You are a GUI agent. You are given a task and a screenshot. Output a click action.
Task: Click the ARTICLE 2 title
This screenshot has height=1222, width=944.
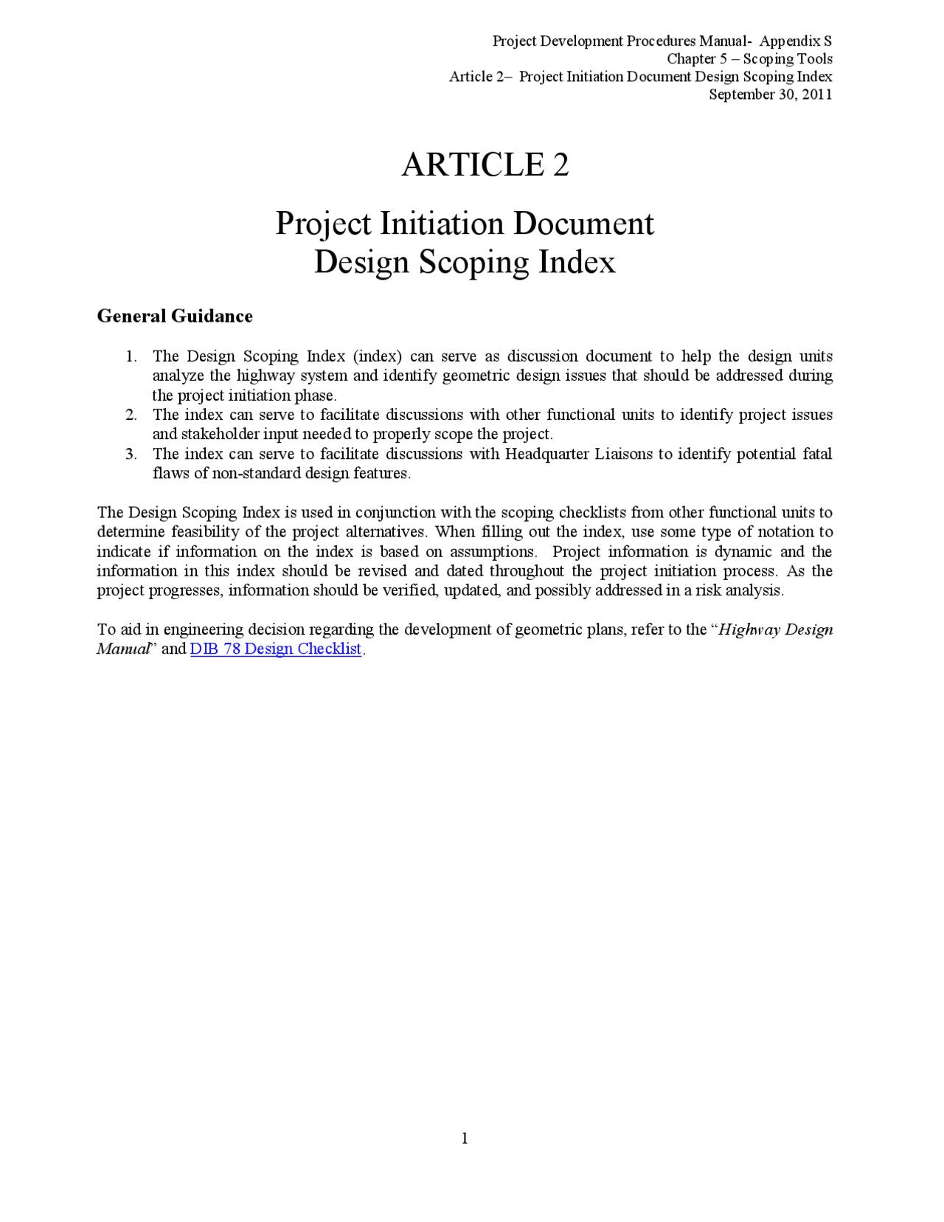point(485,165)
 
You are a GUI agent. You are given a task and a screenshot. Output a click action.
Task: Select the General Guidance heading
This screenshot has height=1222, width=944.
point(175,316)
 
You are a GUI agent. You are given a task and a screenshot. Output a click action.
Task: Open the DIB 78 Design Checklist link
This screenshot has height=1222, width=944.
point(276,649)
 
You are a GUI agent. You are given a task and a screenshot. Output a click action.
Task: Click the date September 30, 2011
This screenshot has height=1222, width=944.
point(770,94)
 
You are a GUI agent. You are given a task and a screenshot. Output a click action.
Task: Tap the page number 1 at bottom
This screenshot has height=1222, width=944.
point(465,1138)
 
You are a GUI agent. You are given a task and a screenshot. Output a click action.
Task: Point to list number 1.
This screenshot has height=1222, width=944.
point(131,356)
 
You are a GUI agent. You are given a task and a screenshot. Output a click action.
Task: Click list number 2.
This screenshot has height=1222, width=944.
point(131,415)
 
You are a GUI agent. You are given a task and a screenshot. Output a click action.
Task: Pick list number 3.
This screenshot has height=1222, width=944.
point(131,454)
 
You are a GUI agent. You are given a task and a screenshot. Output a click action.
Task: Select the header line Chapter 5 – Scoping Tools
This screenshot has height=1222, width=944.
point(749,59)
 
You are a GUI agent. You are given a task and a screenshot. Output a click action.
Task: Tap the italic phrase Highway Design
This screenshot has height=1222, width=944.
point(775,629)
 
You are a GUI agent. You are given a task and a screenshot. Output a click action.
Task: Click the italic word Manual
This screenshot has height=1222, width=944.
point(122,649)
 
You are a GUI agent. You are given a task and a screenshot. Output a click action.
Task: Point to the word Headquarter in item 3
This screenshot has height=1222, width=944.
point(546,454)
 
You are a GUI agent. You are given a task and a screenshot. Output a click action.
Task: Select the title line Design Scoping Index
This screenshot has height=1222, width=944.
point(465,262)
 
